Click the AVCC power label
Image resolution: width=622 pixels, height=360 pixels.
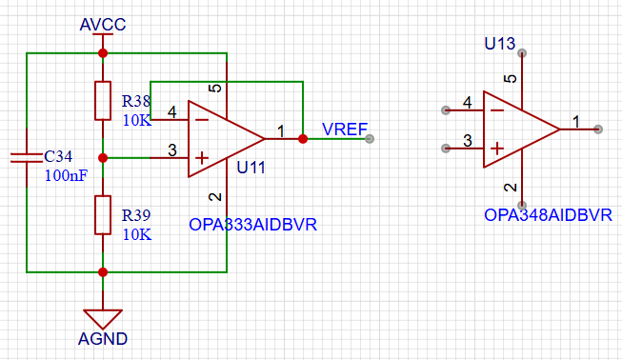point(103,25)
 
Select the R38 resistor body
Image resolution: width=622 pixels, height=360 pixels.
point(103,101)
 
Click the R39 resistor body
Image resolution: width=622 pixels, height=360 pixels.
point(103,215)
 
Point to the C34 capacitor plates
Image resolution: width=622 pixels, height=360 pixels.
point(27,158)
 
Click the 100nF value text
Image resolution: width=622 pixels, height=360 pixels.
point(66,175)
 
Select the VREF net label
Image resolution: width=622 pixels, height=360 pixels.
point(345,130)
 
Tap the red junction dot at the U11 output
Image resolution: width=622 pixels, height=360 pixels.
point(303,139)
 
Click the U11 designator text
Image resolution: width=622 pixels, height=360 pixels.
point(251,168)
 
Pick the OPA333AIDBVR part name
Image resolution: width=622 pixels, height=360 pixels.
point(252,225)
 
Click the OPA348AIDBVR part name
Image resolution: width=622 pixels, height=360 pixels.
point(548,215)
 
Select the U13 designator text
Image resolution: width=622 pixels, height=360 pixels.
point(499,44)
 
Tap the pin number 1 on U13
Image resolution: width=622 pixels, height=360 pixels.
point(576,122)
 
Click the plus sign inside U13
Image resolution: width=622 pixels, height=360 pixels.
point(497,149)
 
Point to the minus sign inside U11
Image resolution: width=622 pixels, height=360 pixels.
point(202,120)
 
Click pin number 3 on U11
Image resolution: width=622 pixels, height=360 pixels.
point(172,150)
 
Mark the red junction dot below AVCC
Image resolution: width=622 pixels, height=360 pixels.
point(103,53)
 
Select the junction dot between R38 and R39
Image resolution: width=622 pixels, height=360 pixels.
point(103,158)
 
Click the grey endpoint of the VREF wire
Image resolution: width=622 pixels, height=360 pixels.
point(370,139)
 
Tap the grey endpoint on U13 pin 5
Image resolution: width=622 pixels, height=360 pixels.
point(522,53)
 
